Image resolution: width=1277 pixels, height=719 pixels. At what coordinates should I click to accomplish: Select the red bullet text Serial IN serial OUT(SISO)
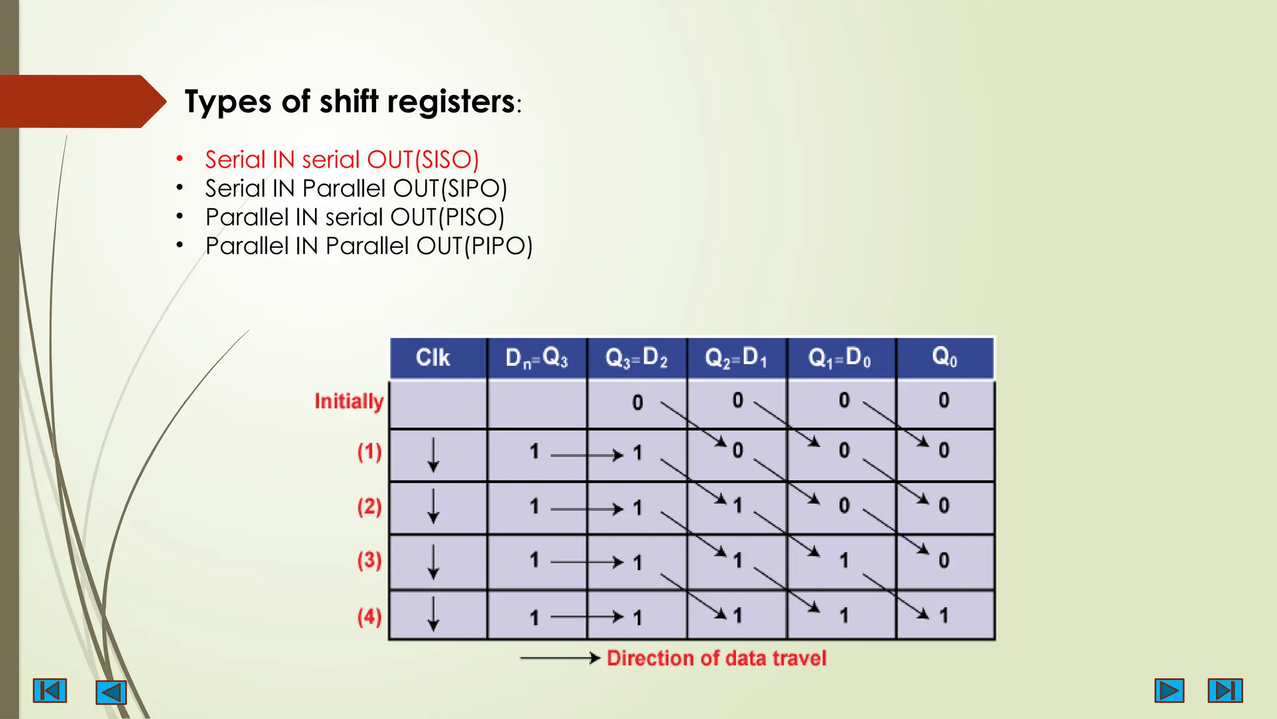pyautogui.click(x=342, y=160)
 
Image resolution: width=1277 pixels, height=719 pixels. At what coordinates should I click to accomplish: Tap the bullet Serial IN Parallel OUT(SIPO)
pyautogui.click(x=356, y=188)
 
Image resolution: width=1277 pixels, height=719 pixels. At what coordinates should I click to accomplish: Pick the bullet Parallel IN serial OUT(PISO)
pyautogui.click(x=355, y=217)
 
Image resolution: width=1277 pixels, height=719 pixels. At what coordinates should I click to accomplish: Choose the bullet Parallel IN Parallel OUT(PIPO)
pyautogui.click(x=369, y=246)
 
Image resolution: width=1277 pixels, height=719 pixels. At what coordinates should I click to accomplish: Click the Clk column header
pyautogui.click(x=433, y=358)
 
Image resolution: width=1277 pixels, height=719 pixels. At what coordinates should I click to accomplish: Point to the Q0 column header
pyautogui.click(x=945, y=357)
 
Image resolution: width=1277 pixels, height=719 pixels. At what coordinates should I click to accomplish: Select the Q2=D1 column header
pyautogui.click(x=736, y=358)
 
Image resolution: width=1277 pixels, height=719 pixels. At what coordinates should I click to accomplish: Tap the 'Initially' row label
pyautogui.click(x=349, y=401)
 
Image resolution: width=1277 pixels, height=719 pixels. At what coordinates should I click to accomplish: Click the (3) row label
pyautogui.click(x=369, y=560)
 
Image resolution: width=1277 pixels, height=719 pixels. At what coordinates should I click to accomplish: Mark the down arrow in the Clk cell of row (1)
pyautogui.click(x=433, y=454)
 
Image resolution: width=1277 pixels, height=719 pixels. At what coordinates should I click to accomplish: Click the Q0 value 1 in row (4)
pyautogui.click(x=944, y=616)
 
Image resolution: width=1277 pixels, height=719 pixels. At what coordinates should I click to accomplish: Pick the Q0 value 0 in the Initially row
pyautogui.click(x=944, y=400)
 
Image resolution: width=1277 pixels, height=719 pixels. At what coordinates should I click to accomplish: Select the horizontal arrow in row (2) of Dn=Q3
pyautogui.click(x=586, y=509)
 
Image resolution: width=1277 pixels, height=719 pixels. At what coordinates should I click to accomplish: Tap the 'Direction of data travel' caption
pyautogui.click(x=716, y=658)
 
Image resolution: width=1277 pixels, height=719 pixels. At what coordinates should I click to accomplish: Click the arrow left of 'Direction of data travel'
pyautogui.click(x=559, y=658)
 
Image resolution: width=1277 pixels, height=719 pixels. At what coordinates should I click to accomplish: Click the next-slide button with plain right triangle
pyautogui.click(x=1169, y=690)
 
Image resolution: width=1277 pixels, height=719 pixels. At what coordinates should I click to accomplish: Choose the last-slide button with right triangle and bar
pyautogui.click(x=1225, y=690)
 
